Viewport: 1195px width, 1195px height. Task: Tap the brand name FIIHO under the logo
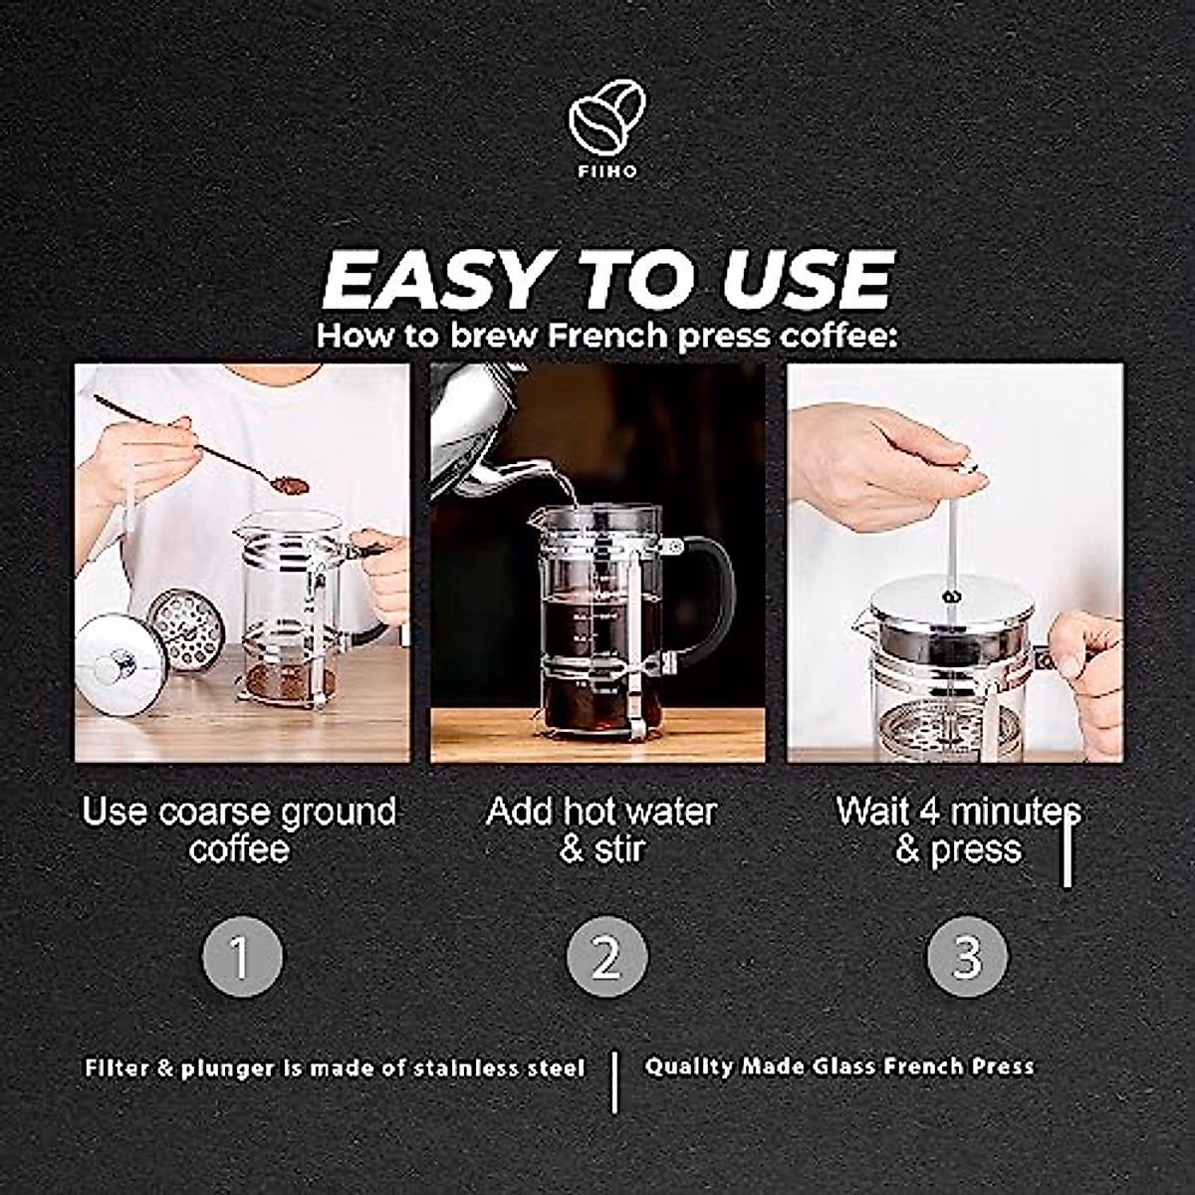(x=605, y=171)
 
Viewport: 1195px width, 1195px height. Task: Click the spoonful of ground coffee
(x=289, y=485)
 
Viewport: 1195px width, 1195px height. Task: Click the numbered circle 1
(x=242, y=957)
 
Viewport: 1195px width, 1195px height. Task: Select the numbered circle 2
(x=606, y=957)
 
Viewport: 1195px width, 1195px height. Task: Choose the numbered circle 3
(x=967, y=957)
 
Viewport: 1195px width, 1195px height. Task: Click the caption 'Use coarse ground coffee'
(x=239, y=830)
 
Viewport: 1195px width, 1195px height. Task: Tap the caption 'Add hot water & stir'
(x=601, y=830)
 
